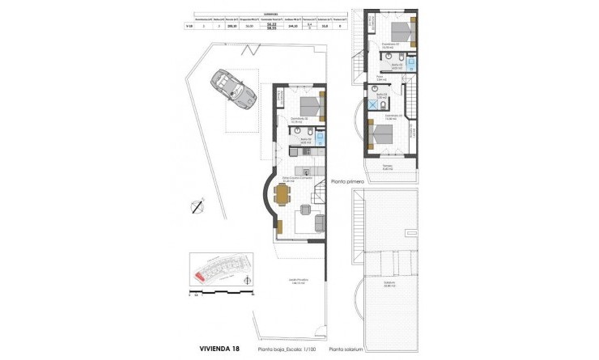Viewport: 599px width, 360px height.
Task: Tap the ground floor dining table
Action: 281,195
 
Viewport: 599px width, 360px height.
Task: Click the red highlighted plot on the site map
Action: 198,276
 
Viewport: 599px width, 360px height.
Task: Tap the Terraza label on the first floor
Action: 388,167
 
